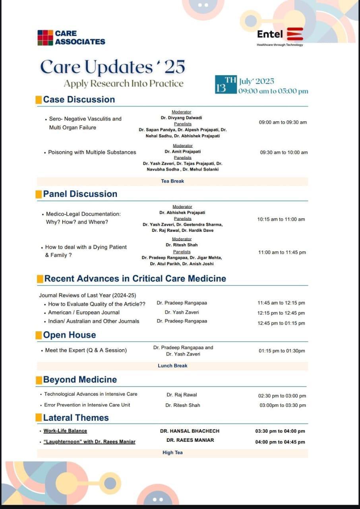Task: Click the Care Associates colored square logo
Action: point(45,38)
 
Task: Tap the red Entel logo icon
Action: point(295,34)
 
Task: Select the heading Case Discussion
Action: point(79,99)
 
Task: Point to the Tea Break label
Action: point(172,181)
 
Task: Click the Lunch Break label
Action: point(172,365)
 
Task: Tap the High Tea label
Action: point(172,453)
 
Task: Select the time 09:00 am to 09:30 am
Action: point(283,122)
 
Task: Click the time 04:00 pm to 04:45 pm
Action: point(280,442)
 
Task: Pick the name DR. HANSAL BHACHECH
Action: point(190,431)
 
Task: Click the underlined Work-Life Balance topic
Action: point(65,431)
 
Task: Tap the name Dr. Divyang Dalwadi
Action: point(182,118)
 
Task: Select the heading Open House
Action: point(69,335)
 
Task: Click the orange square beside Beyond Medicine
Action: point(39,380)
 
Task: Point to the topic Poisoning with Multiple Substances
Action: point(92,152)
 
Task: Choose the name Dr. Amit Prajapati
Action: point(183,152)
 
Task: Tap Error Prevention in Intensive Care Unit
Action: point(87,405)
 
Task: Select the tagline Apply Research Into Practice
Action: point(124,84)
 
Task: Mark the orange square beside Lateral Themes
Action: point(39,418)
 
